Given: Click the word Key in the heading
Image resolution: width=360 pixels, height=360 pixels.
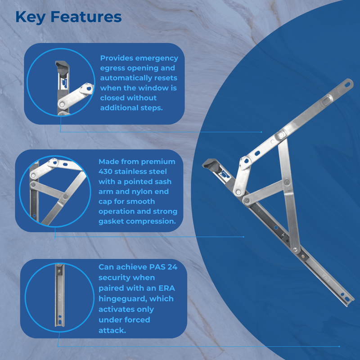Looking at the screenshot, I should click(31, 17).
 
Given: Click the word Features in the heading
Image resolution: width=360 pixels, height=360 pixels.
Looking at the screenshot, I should click(85, 17).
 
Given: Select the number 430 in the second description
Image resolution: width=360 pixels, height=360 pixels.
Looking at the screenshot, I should click(107, 171).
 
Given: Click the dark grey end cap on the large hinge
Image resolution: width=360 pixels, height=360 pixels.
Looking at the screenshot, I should click(211, 165).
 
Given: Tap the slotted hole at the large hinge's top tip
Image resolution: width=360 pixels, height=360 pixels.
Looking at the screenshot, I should click(349, 83).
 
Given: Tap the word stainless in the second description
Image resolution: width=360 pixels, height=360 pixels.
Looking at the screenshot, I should click(140, 171).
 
